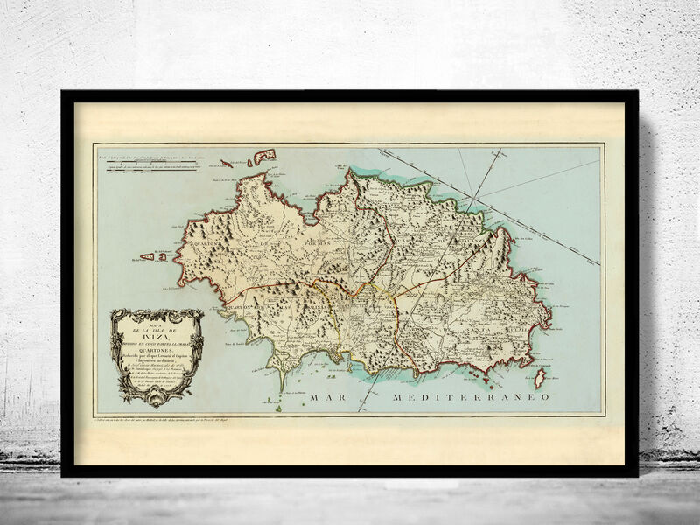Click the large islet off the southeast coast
[539, 378]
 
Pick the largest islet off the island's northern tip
[262, 157]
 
